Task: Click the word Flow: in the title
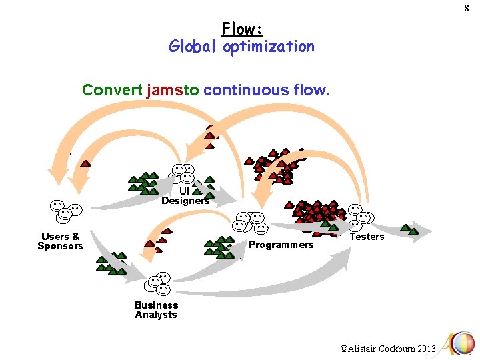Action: click(x=242, y=29)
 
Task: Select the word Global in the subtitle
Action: click(x=193, y=47)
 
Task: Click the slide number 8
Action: click(x=467, y=8)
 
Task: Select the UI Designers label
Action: click(x=185, y=195)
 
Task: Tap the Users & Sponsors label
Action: click(x=60, y=241)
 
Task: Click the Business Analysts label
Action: click(x=156, y=310)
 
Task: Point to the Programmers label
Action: click(x=281, y=245)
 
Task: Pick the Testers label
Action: click(x=367, y=237)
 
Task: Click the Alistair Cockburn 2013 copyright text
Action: click(x=387, y=348)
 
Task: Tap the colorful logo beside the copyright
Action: click(x=459, y=344)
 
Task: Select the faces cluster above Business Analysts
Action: click(x=157, y=284)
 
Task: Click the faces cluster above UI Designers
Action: click(x=182, y=173)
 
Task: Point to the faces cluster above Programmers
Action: click(x=250, y=223)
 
